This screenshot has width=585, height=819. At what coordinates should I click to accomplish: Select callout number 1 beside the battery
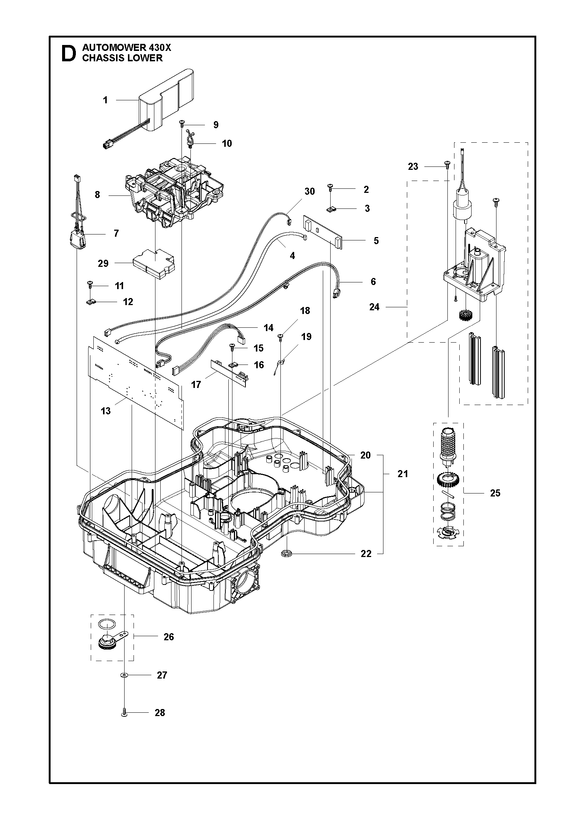click(x=105, y=100)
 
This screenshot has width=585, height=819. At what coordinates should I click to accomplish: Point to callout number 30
click(x=309, y=191)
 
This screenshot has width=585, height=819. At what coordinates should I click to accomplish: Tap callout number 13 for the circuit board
click(x=106, y=411)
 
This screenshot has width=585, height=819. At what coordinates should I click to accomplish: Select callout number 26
click(x=168, y=637)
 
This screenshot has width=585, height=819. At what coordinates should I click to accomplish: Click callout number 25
click(x=495, y=493)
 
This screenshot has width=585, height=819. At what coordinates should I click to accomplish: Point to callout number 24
click(x=374, y=307)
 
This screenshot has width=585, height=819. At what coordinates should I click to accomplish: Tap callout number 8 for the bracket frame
click(x=97, y=195)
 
